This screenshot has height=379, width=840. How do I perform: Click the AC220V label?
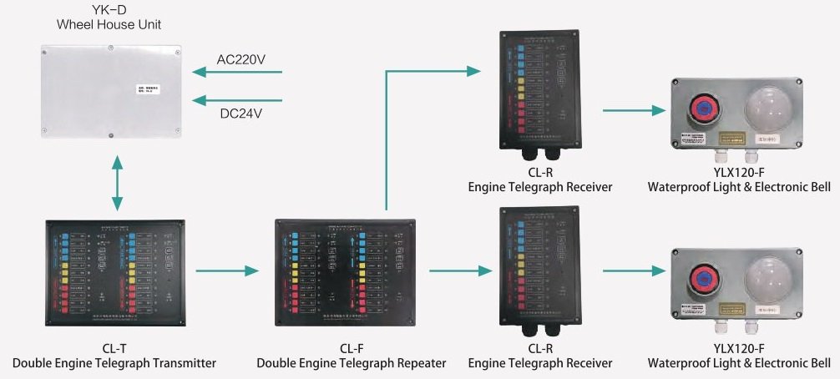(242, 59)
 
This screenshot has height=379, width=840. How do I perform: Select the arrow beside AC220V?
(238, 73)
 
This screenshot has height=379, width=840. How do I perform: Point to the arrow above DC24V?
(238, 100)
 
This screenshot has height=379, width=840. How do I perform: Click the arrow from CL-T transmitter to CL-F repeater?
(227, 270)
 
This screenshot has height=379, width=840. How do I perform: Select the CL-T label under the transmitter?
(114, 349)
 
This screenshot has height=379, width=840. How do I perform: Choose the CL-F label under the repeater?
(351, 349)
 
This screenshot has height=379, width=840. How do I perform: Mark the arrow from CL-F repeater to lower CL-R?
(458, 270)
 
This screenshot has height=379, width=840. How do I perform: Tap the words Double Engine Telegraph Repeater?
(351, 363)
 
